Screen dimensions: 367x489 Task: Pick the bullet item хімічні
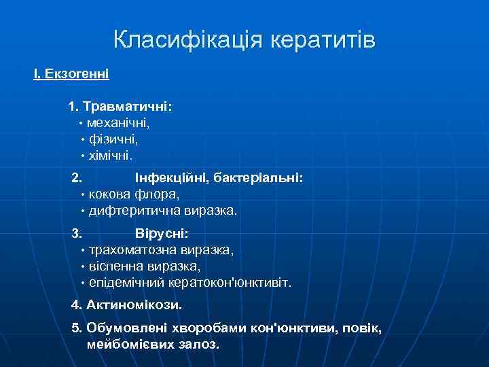pos(111,156)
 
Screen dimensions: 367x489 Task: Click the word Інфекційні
pos(170,178)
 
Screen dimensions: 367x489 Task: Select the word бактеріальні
pos(259,178)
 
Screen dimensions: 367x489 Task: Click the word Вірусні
pos(162,234)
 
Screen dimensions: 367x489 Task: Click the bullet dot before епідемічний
pos(81,283)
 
